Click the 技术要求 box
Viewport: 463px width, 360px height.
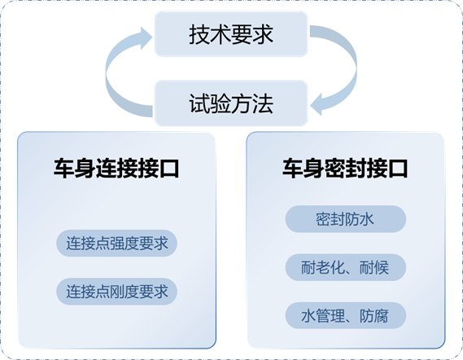click(231, 34)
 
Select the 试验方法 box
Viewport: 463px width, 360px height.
click(231, 103)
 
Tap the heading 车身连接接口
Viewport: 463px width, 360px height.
click(116, 168)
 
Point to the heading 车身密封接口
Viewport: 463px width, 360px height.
click(345, 168)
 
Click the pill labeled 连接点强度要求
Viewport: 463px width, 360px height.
click(116, 244)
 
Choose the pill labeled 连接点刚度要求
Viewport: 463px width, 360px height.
click(116, 292)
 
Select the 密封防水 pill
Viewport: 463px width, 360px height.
click(346, 219)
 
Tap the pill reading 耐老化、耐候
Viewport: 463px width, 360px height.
click(346, 267)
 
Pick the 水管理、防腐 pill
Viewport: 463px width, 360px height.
click(346, 315)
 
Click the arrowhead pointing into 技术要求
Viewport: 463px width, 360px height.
click(146, 38)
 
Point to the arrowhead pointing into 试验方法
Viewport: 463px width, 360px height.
click(317, 104)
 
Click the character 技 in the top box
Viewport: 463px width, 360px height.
click(199, 34)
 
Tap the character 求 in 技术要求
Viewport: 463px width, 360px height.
click(263, 34)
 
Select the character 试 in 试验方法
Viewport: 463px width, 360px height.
click(199, 103)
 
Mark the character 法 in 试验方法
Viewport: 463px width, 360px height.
click(263, 103)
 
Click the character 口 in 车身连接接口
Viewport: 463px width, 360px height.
click(169, 169)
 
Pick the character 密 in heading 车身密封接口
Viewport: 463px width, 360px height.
click(334, 169)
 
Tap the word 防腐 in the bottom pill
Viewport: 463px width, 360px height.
click(373, 316)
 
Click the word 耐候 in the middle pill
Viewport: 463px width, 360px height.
click(373, 267)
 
